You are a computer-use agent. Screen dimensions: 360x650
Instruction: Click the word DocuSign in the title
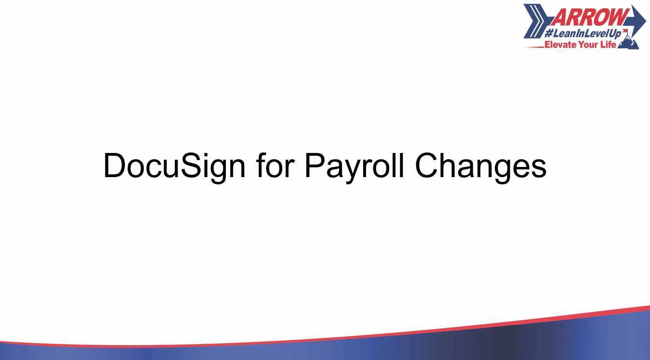(x=174, y=166)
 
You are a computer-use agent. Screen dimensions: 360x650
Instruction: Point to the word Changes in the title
(x=480, y=166)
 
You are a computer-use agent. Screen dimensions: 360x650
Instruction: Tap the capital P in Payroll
(x=314, y=166)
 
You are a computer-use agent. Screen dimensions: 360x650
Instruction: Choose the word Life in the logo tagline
(x=608, y=45)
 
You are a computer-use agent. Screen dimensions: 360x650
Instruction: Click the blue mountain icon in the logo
(x=629, y=43)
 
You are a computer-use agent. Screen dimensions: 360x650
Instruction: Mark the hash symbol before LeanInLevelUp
(x=549, y=34)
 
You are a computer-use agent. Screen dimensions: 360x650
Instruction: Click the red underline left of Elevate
(x=534, y=47)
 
